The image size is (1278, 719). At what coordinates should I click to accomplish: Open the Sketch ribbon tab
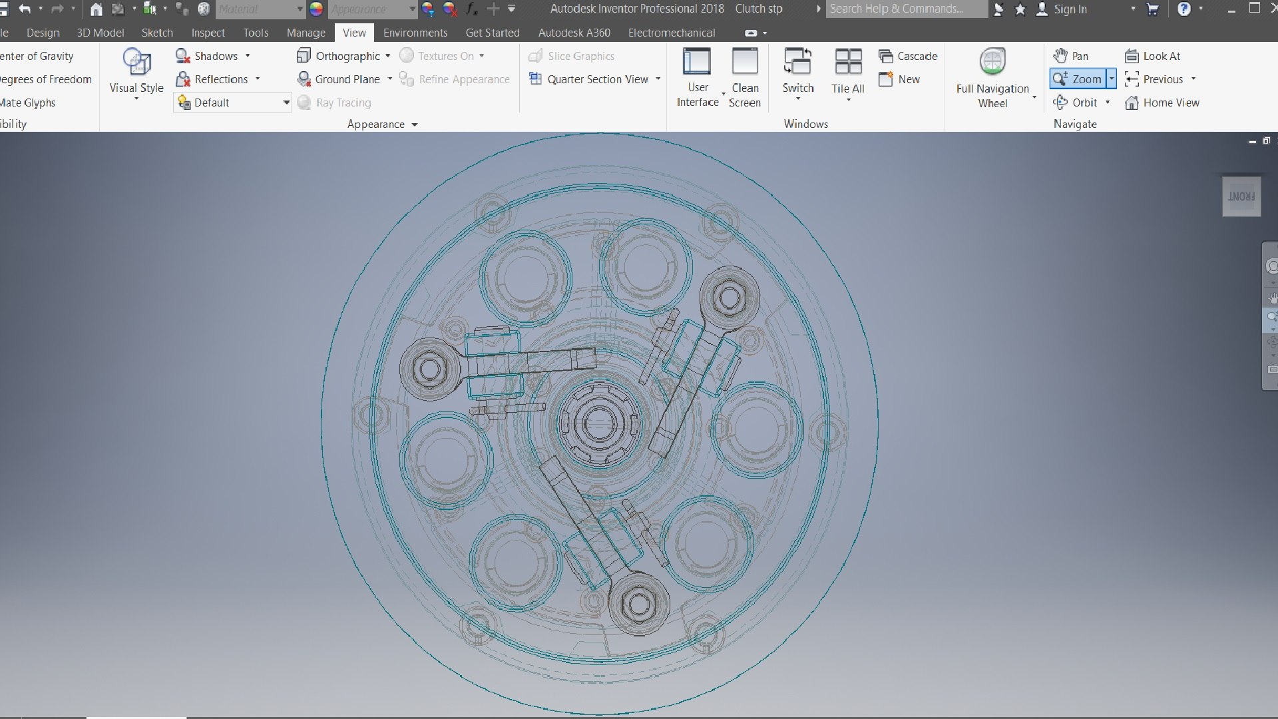pos(157,33)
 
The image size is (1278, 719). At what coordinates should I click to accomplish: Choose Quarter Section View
pos(596,79)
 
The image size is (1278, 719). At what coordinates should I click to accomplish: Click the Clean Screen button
pos(744,77)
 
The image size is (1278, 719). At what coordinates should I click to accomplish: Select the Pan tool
pos(1071,56)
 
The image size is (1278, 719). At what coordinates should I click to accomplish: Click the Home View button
pos(1162,103)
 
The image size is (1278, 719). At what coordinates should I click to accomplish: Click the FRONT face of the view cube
pos(1241,196)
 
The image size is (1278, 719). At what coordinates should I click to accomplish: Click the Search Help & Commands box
pos(905,9)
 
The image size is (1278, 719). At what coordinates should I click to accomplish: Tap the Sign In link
pos(1070,9)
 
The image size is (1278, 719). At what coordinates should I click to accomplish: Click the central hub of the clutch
pos(598,423)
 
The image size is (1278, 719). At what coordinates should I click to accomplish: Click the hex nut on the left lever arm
pos(429,369)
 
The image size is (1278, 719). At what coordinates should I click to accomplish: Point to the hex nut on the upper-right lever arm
pos(730,298)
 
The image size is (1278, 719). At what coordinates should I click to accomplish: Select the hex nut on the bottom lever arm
pos(639,604)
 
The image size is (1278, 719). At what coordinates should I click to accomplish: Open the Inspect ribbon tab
pos(208,33)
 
